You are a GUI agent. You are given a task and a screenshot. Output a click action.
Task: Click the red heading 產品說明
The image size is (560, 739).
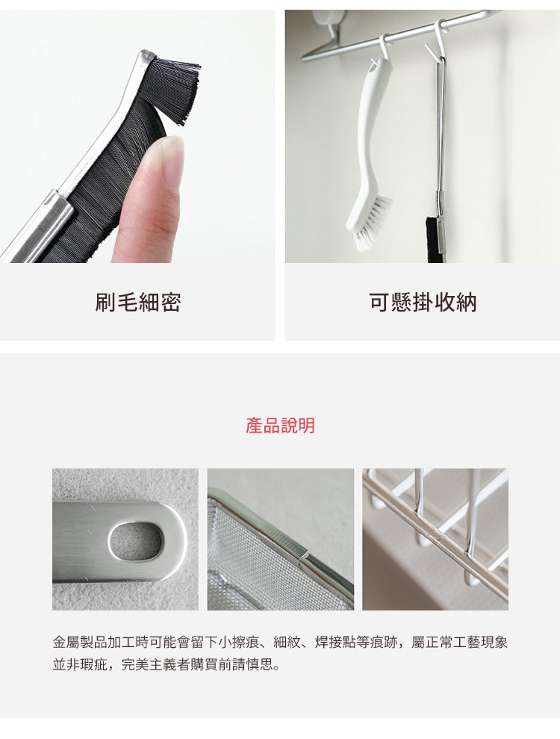pos(280,425)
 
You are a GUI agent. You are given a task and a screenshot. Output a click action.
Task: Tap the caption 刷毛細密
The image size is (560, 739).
pos(138,302)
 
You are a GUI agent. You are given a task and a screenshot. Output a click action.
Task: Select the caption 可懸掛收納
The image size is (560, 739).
pos(423,302)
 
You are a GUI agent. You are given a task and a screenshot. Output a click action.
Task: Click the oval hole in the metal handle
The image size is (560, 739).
pos(136,541)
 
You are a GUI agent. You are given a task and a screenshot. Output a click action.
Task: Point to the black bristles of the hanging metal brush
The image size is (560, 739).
pos(431,239)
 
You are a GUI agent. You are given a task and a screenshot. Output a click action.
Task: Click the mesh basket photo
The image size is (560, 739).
pos(280,539)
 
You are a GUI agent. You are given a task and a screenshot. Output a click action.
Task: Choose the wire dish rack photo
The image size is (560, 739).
pos(435,539)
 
